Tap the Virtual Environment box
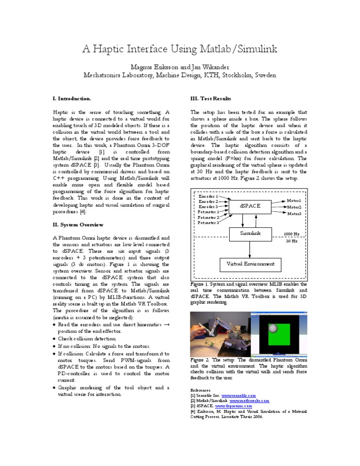tap(250, 263)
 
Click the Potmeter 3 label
tap(208, 223)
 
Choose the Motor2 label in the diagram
tap(294, 207)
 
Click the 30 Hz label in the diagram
tap(292, 241)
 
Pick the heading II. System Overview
tap(78, 225)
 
